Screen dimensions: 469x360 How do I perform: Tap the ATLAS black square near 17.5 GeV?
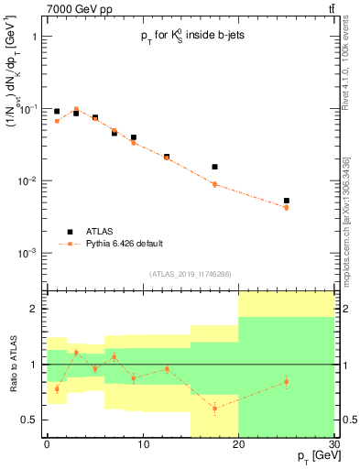coord(214,167)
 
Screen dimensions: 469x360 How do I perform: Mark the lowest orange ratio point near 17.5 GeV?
coord(214,408)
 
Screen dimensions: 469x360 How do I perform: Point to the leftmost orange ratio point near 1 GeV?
coord(57,388)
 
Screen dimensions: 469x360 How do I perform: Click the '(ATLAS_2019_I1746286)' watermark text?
coord(189,274)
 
